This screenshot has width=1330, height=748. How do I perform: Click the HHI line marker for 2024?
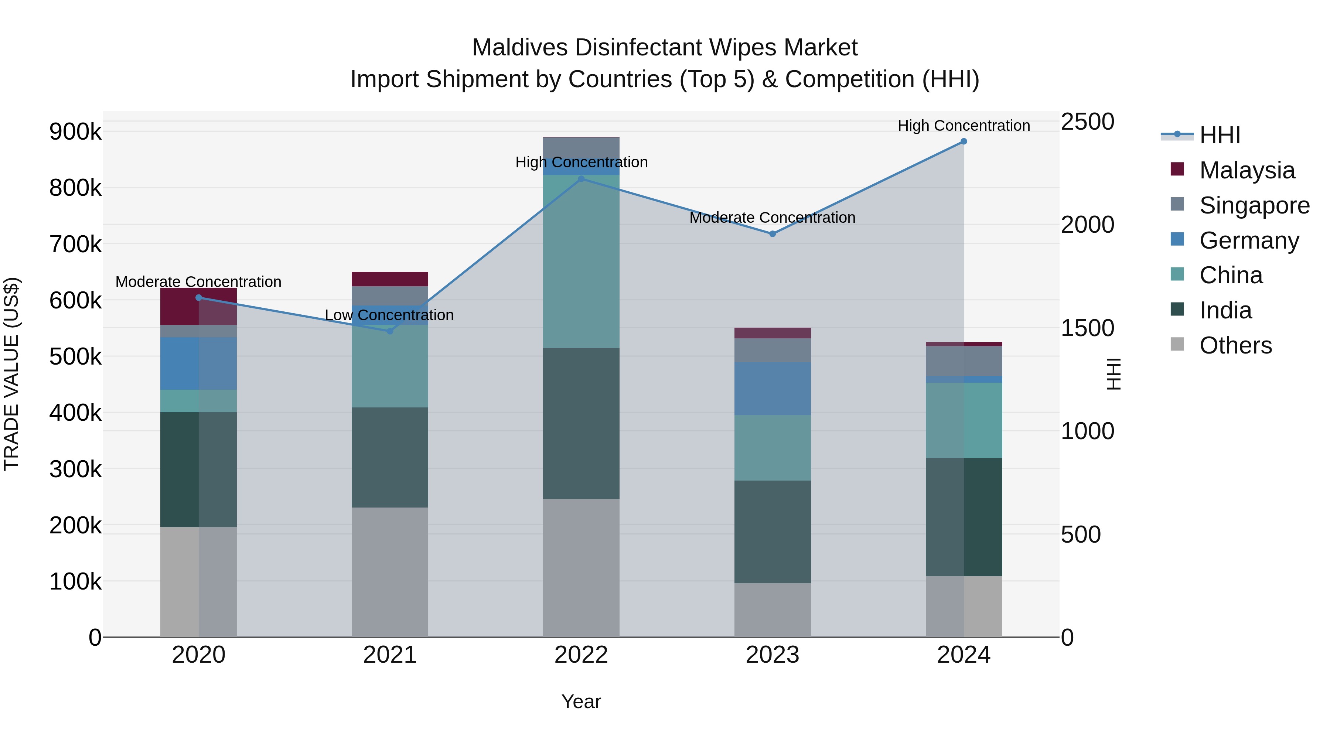(x=964, y=141)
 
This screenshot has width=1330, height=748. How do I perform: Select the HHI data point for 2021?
(x=390, y=331)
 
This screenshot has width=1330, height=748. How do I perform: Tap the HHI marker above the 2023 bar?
(x=773, y=234)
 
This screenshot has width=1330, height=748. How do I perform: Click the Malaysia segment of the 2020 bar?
(x=198, y=307)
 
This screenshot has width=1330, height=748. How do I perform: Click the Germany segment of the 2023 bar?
(x=773, y=388)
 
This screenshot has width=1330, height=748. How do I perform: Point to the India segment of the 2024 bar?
(x=964, y=517)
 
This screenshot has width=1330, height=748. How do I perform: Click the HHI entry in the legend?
(x=1220, y=135)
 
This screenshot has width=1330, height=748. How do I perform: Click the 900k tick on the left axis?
(x=75, y=132)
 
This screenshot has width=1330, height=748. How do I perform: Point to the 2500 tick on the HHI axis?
(x=1087, y=122)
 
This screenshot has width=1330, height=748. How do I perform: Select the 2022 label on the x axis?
(x=581, y=655)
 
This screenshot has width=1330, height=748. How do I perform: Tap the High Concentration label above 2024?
(x=964, y=126)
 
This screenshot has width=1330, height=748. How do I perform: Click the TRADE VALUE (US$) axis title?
(x=11, y=374)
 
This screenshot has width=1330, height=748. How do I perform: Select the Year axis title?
(x=581, y=701)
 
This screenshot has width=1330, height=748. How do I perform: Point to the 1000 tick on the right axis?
(x=1087, y=431)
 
